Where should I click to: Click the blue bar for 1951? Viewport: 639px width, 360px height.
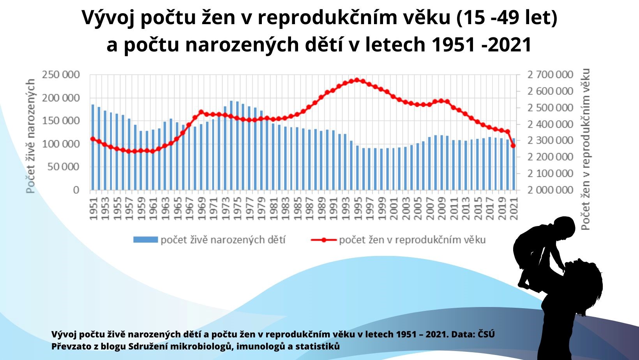[x=93, y=147]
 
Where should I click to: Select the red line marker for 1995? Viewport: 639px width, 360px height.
[x=357, y=80]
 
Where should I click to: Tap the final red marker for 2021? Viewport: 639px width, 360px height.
[x=513, y=146]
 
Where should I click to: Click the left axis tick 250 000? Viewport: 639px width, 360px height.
[x=61, y=75]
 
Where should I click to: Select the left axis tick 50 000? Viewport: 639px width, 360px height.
[x=64, y=167]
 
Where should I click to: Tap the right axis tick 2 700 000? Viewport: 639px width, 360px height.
[x=550, y=75]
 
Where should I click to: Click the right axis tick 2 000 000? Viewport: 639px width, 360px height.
[x=550, y=190]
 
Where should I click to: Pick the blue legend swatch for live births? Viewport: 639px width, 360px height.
[x=145, y=240]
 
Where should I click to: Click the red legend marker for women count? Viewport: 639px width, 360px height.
[x=324, y=240]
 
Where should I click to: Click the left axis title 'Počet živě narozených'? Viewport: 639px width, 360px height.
[x=30, y=136]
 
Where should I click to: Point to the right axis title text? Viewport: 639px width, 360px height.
[x=585, y=149]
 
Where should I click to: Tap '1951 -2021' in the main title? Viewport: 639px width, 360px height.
[x=482, y=45]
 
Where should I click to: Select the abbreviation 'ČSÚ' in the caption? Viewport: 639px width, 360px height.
[x=486, y=334]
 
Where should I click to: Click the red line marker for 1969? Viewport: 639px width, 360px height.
[x=201, y=112]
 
